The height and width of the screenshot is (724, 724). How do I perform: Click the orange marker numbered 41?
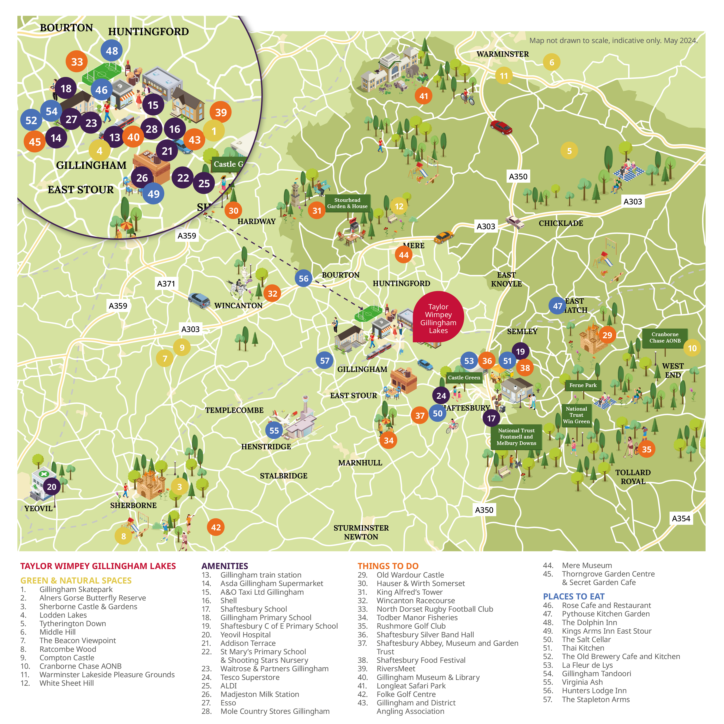[423, 96]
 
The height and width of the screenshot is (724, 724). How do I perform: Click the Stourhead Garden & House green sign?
[347, 203]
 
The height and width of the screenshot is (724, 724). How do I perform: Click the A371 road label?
[166, 284]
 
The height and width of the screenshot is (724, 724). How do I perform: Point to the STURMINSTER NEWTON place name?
[361, 532]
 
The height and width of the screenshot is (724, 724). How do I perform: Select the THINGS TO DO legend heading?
[388, 566]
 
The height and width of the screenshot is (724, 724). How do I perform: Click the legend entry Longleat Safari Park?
[411, 686]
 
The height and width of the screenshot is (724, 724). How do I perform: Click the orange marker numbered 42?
[216, 527]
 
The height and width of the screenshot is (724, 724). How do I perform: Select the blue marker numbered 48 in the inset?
[112, 51]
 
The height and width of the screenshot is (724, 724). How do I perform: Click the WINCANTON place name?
[238, 305]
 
